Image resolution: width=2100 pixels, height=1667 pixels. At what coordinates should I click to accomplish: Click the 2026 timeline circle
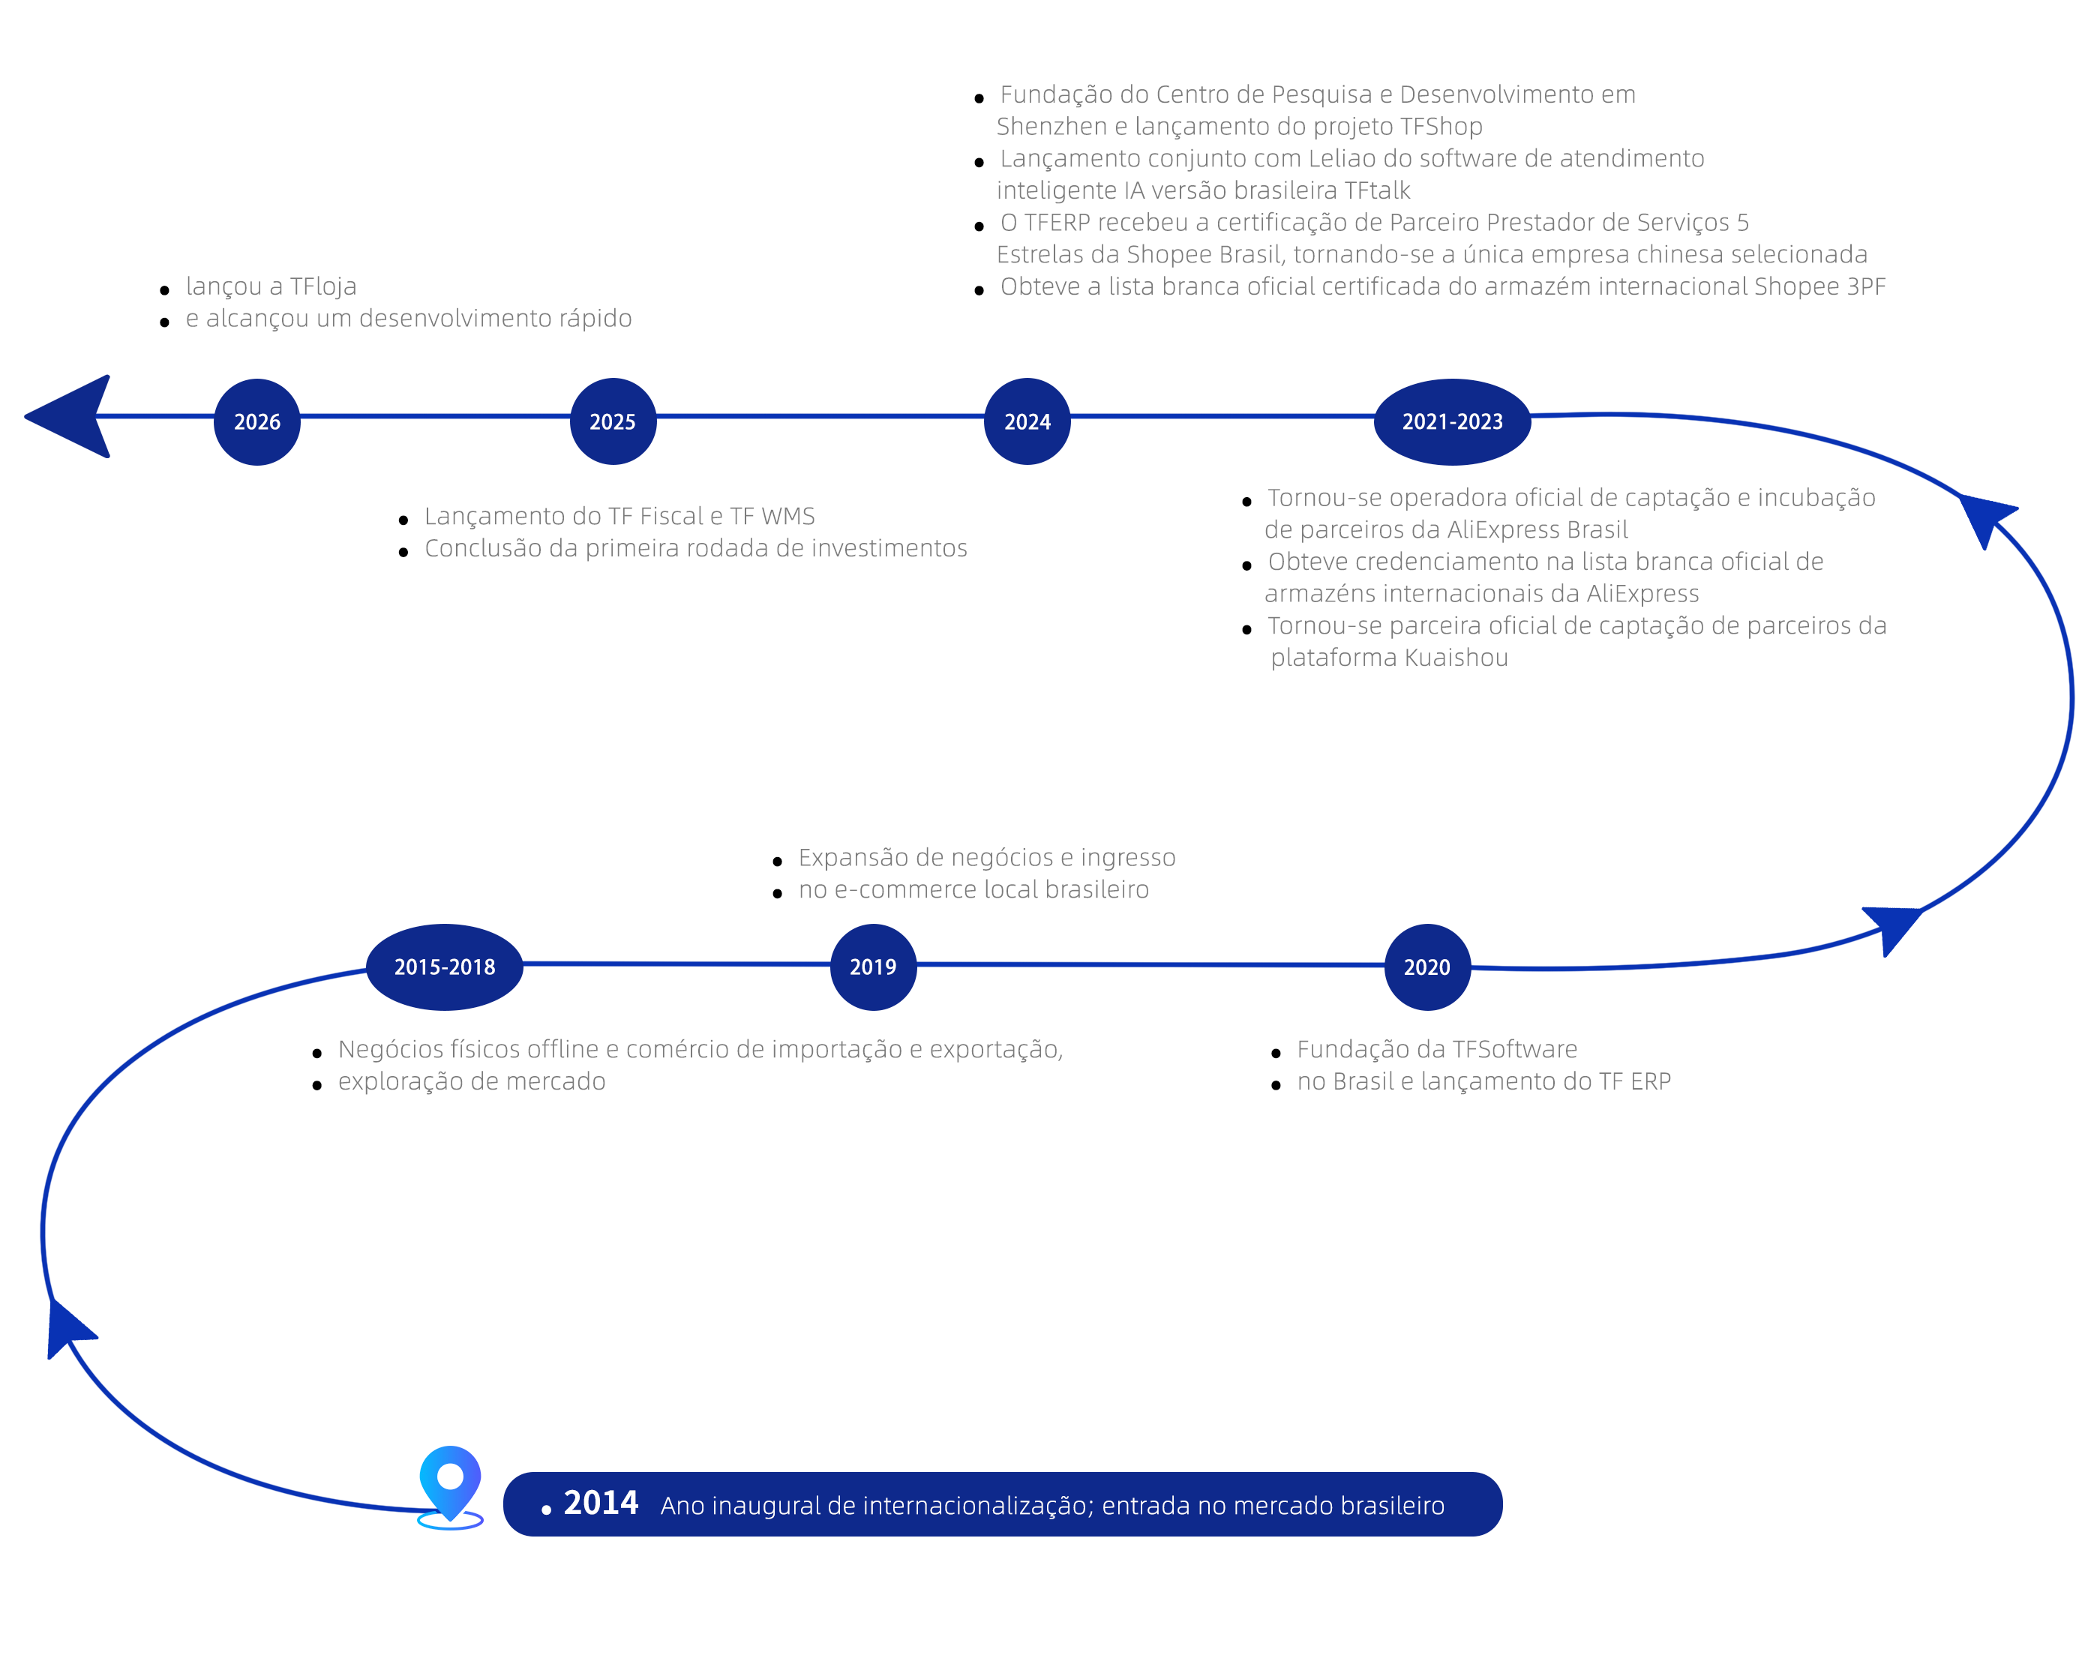pos(257,421)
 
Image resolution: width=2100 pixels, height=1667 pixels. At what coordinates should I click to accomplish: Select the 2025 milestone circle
pos(613,421)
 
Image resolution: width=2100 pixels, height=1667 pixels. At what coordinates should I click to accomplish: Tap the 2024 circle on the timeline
pos(1027,421)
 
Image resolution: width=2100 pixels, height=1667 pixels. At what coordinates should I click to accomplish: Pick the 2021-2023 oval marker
pos(1452,421)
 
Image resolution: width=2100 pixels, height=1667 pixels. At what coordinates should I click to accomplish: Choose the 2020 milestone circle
pos(1427,967)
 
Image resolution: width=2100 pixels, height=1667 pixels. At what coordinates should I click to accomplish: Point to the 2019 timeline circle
pos(873,967)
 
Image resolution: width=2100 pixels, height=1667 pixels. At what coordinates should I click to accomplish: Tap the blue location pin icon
pos(450,1487)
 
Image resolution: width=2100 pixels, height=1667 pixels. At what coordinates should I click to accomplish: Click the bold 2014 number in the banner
pos(601,1504)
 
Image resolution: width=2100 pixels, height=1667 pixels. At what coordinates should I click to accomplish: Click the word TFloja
pos(323,286)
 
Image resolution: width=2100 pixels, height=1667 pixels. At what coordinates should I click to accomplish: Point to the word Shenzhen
pos(1051,127)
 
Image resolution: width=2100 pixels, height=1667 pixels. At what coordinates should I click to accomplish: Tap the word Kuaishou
pos(1455,658)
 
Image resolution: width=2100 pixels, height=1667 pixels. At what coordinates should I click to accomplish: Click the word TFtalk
pos(1377,191)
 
